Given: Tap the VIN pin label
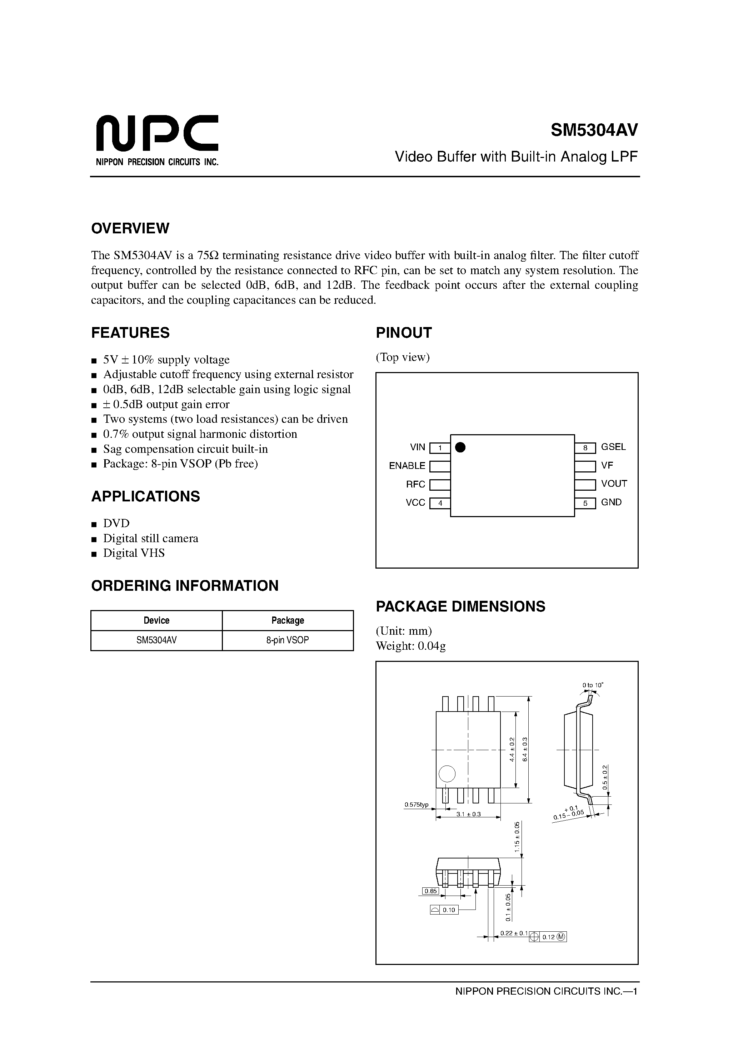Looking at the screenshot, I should coord(417,447).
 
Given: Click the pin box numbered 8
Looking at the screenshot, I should coord(585,448).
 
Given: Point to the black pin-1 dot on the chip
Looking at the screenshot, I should coord(460,447).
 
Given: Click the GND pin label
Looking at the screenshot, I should coord(611,502).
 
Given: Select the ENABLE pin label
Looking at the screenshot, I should coord(407,466).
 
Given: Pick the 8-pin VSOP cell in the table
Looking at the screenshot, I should coord(288,640).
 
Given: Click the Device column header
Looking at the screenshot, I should coord(156,620).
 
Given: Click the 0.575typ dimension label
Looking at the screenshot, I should coord(416,805).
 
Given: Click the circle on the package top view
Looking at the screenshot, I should coord(447,774).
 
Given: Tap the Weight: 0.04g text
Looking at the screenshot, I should coord(410,646).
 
